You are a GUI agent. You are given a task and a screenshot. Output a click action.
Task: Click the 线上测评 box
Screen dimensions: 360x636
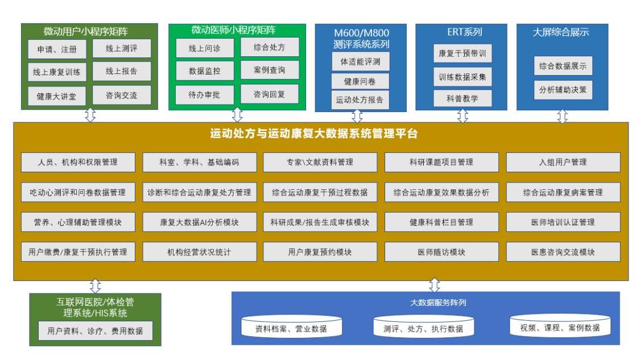point(122,48)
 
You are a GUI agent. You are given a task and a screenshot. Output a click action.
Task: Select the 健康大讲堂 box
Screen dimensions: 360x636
point(56,96)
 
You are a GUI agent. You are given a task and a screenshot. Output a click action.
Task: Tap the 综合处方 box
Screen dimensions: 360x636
point(269,47)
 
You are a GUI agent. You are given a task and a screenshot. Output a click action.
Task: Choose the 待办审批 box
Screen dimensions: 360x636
point(204,95)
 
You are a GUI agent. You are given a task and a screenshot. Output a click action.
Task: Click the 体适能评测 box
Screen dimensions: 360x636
point(361,61)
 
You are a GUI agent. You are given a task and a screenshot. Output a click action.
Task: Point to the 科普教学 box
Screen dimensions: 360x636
point(462,98)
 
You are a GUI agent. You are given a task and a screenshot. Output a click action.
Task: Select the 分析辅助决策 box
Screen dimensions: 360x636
point(563,90)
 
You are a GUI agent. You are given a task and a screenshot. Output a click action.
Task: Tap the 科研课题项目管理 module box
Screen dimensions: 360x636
point(441,162)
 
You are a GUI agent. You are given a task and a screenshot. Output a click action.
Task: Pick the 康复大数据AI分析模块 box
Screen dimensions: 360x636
point(199,222)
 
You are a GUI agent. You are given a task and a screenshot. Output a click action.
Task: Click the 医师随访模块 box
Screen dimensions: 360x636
point(441,252)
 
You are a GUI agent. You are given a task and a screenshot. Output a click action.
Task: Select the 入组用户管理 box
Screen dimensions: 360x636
point(563,162)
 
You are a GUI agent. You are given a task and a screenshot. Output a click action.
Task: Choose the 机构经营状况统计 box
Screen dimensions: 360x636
point(199,252)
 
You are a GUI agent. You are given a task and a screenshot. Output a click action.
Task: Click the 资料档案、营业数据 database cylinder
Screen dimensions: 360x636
point(291,328)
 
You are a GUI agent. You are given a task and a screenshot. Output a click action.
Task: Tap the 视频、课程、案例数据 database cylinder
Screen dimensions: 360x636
point(560,328)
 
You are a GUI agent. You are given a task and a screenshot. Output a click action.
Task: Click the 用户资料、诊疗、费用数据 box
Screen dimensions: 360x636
point(95,330)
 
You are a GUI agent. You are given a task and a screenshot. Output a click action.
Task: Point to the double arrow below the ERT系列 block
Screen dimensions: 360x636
point(462,116)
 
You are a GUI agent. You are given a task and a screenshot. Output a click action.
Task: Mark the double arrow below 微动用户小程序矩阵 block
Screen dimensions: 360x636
point(90,115)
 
